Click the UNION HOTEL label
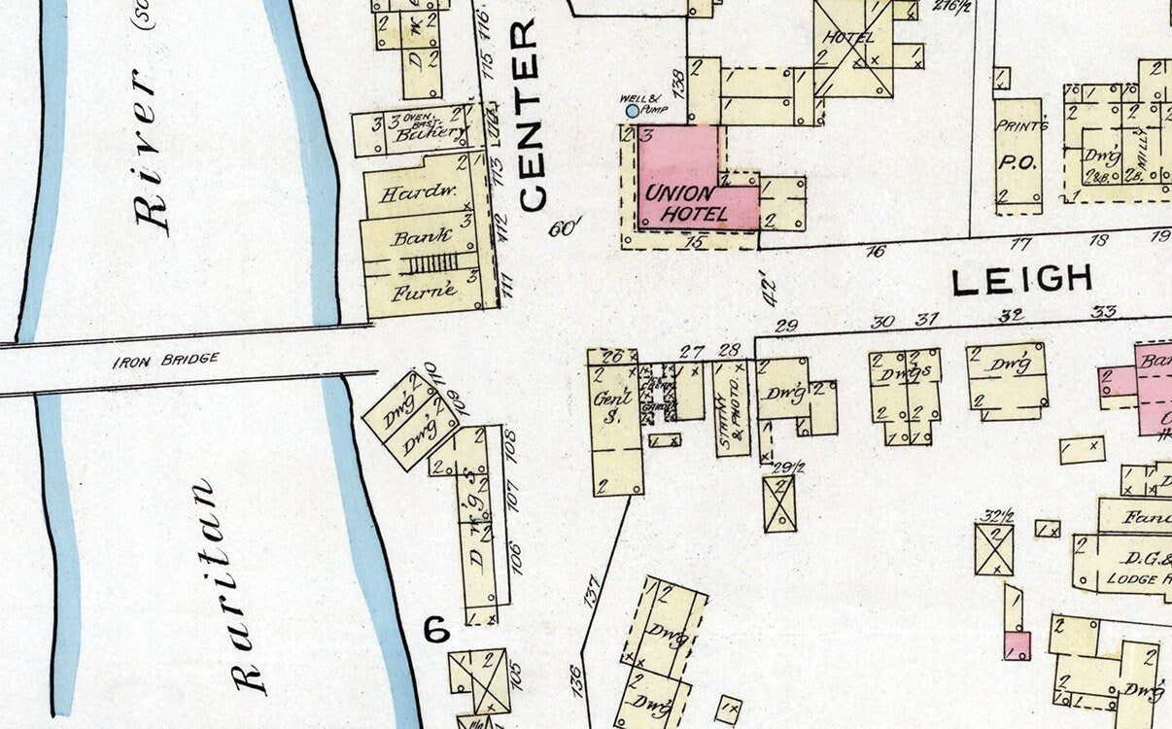pos(686,203)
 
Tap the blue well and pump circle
pos(633,111)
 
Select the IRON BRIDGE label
pos(165,360)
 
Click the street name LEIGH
pos(1021,281)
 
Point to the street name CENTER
pos(531,115)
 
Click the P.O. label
pos(1017,163)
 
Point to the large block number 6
pos(437,630)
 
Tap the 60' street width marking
pos(564,229)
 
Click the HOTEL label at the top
pos(848,38)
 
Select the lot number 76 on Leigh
pos(877,251)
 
